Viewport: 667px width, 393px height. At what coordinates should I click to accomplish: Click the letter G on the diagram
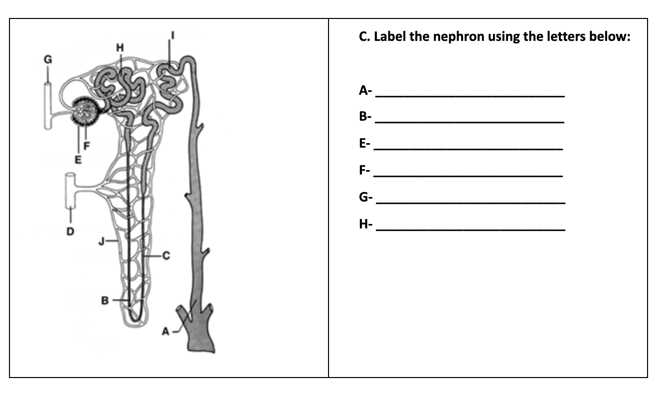(x=48, y=59)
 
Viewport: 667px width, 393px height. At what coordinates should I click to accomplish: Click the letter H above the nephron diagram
(x=119, y=47)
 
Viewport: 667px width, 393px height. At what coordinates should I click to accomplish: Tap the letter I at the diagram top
(x=172, y=35)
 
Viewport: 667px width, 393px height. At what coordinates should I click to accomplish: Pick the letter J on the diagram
(x=101, y=242)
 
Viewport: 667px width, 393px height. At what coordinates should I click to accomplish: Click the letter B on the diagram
(x=105, y=300)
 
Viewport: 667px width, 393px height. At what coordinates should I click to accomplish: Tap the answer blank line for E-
(x=469, y=149)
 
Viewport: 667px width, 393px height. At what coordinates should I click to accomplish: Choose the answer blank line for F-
(x=469, y=176)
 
